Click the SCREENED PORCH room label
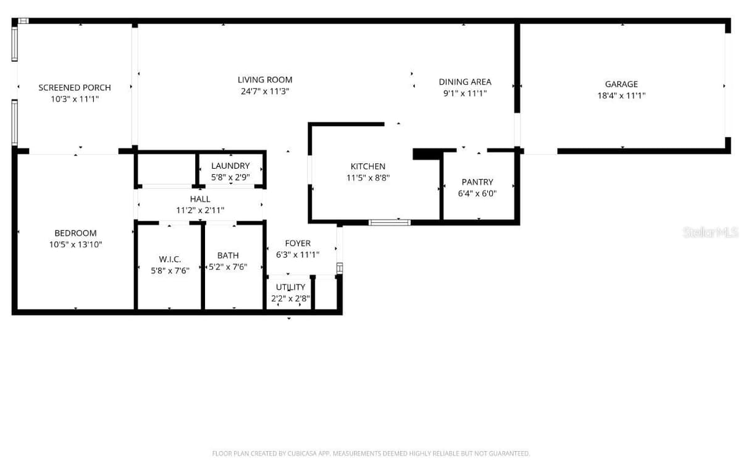[75, 88]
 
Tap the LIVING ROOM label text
[265, 80]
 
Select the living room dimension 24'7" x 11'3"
[265, 91]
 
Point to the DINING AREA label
[465, 82]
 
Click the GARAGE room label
[622, 84]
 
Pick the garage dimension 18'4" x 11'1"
[622, 96]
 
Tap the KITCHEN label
[368, 166]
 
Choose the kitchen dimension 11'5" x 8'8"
[368, 178]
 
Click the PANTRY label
[477, 182]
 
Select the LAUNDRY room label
[230, 166]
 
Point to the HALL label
[200, 199]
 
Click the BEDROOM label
[76, 233]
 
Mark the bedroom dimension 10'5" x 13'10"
[76, 245]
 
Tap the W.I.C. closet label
[170, 259]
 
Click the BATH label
[228, 256]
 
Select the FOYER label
[298, 243]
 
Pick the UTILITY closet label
[290, 287]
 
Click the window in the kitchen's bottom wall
[390, 222]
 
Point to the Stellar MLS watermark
[711, 232]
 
